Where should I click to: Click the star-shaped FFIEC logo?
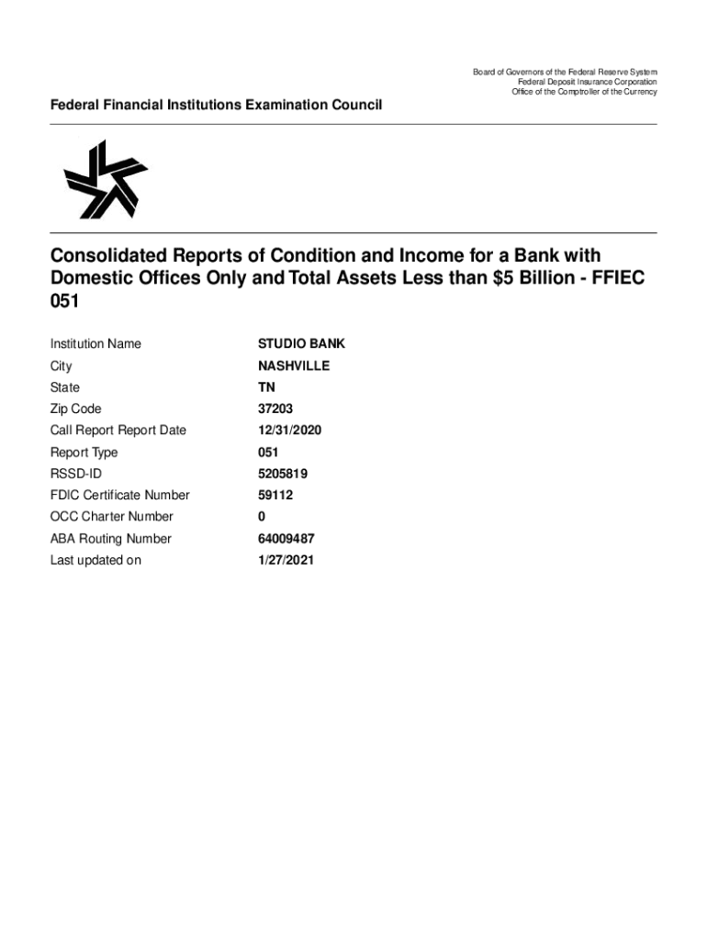tap(104, 179)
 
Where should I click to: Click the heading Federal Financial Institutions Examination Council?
tap(216, 106)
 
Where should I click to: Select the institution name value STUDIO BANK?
tap(301, 344)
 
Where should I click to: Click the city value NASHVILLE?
tap(294, 366)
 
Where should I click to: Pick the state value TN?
tap(266, 387)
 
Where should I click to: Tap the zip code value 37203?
tap(276, 409)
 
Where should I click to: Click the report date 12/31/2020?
tap(289, 431)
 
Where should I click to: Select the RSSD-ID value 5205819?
tap(283, 474)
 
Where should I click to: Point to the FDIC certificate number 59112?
tap(275, 496)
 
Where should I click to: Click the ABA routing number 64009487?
tap(286, 539)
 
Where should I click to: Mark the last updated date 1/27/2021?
tap(286, 560)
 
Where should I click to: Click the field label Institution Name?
tap(95, 344)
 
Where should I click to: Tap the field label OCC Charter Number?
tap(111, 517)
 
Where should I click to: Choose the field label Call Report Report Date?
tap(118, 431)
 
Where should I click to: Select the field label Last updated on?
tap(95, 560)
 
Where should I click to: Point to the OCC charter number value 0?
tap(262, 517)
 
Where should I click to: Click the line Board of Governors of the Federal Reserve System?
tap(565, 73)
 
